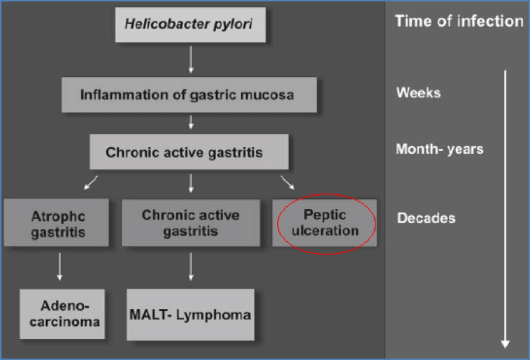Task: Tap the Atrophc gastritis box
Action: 56,222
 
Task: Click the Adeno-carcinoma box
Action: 62,313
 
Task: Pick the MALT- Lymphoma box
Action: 189,315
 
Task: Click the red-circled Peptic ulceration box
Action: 326,222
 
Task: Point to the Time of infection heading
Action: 459,21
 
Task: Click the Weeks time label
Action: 418,92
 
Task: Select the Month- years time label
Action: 439,149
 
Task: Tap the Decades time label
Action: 426,218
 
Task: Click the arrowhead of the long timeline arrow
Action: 505,343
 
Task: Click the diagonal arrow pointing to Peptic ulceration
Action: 287,183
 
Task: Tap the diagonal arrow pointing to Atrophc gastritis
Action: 91,183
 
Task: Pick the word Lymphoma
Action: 213,315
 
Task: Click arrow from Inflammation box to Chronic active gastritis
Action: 190,122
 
